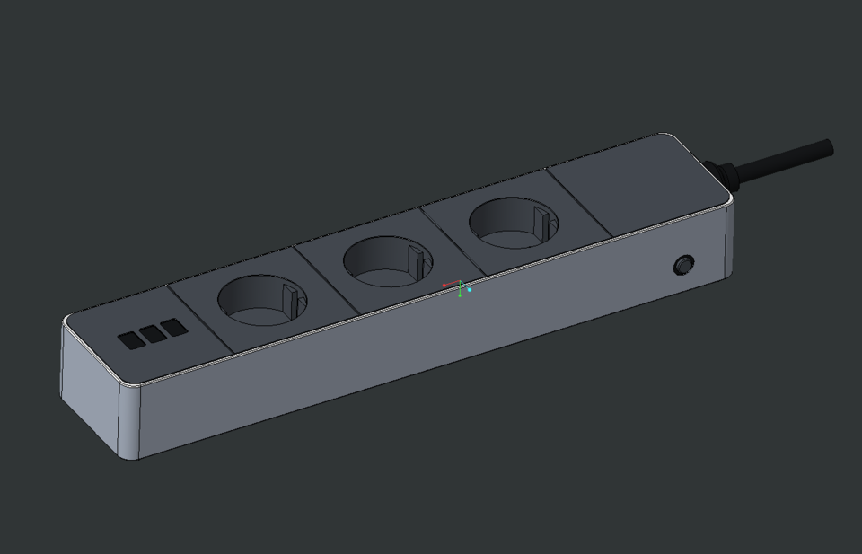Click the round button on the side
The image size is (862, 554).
(684, 265)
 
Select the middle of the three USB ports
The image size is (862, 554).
(153, 334)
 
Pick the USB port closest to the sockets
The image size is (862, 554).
(175, 327)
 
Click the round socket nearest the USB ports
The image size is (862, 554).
(261, 299)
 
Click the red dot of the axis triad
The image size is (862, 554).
(444, 286)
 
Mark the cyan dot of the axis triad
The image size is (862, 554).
(470, 290)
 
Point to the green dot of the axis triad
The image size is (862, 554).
(460, 295)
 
